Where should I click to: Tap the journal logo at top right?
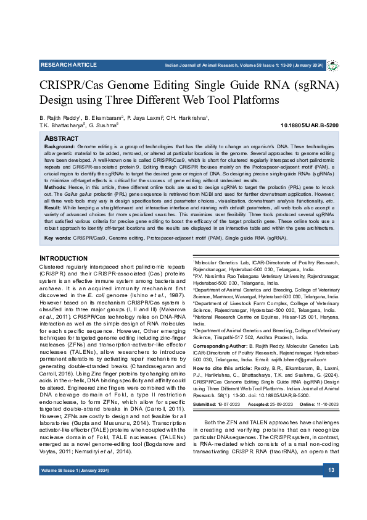tap(332, 65)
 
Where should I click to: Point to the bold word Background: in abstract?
tap(60, 146)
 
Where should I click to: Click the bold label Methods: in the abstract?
tap(56, 187)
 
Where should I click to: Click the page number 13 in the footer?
tap(331, 489)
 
